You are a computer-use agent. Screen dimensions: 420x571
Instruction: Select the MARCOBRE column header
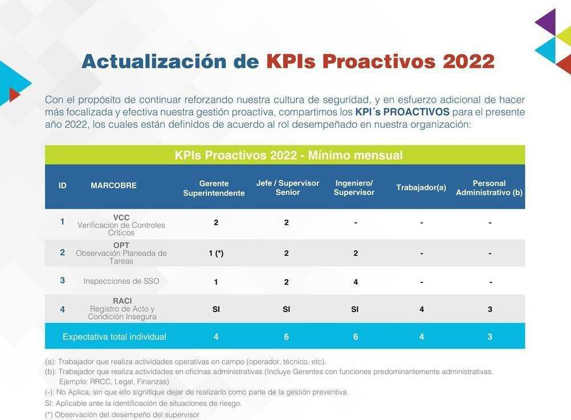[113, 185]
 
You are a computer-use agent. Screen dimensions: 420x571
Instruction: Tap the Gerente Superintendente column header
[214, 188]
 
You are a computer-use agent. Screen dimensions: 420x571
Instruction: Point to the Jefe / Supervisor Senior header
[288, 188]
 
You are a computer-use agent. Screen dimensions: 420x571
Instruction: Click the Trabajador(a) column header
[421, 188]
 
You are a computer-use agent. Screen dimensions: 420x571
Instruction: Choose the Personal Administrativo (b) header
[489, 188]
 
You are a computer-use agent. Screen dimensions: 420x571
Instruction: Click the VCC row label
[121, 225]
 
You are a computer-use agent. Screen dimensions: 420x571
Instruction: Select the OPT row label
[121, 253]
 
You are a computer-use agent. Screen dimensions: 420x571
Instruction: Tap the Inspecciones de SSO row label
[121, 281]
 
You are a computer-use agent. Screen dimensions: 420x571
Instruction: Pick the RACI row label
[122, 309]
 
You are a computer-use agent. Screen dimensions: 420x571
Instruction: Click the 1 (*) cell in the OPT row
[216, 253]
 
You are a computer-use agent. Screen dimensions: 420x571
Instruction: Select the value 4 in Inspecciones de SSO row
[355, 282]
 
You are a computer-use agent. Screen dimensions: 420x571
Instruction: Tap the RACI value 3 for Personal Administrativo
[490, 309]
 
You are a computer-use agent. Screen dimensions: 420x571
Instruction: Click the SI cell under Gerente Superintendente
[216, 309]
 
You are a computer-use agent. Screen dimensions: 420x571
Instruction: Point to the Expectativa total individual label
[115, 337]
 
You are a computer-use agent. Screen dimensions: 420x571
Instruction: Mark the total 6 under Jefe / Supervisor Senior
[286, 337]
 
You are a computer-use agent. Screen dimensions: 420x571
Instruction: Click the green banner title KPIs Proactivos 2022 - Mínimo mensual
[288, 155]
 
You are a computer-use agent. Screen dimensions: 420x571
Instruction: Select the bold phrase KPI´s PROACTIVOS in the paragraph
[402, 112]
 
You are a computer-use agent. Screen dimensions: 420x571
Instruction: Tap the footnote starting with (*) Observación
[122, 415]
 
